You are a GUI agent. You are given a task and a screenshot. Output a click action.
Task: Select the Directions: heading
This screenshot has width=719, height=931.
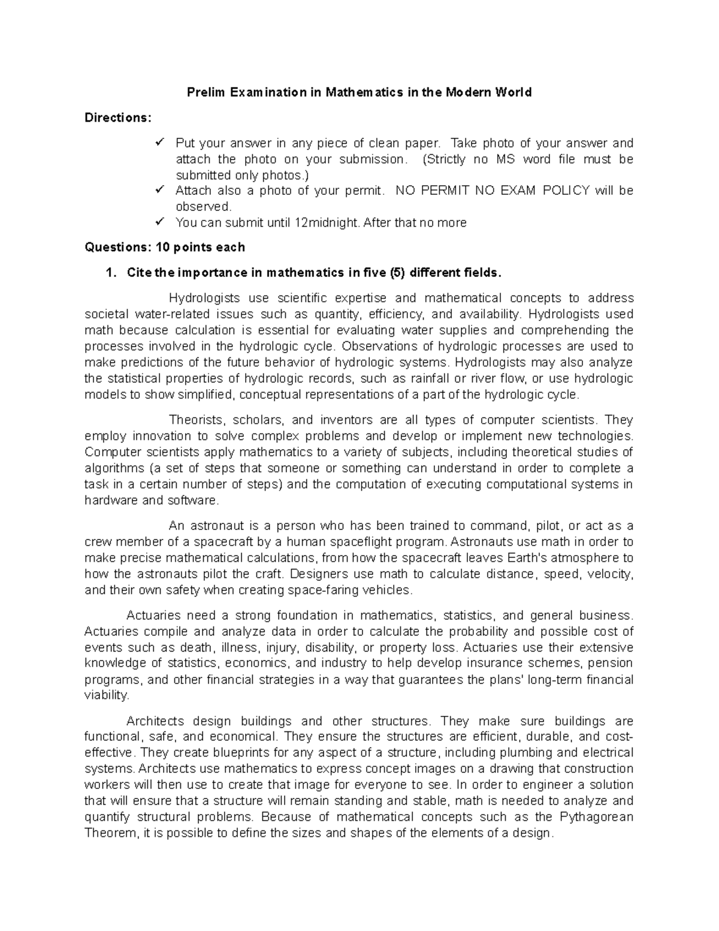click(x=118, y=117)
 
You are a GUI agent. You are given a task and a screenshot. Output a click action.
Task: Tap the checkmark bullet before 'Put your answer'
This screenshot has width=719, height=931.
click(x=159, y=143)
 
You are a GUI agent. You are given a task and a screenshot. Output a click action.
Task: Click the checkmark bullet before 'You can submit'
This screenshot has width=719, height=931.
click(x=159, y=222)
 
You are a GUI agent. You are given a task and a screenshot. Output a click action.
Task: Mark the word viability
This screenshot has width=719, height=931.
click(x=106, y=695)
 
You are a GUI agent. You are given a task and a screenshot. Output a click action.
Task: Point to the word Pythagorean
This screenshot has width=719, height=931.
click(x=596, y=817)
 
